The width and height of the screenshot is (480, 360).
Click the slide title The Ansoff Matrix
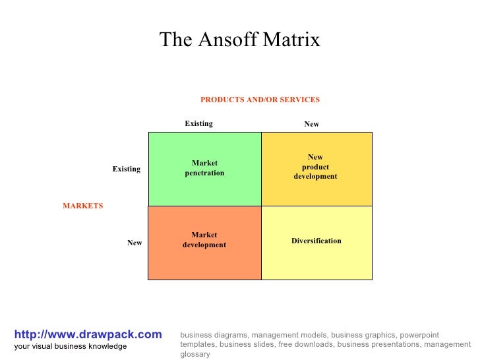coord(239,40)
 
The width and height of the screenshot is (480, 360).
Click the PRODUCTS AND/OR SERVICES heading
coord(260,100)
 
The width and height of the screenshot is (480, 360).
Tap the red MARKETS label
coord(83,206)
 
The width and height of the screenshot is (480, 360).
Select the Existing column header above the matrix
coord(198,123)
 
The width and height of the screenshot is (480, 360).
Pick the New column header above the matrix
coord(311,124)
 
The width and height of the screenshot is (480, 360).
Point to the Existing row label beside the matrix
coord(126,169)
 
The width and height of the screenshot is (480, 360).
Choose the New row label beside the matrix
coord(135,243)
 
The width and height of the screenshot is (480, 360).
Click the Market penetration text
coord(204,168)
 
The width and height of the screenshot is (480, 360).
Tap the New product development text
coord(315,167)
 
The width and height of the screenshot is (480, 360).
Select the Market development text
coord(204,240)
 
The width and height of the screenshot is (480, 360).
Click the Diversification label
coord(316,241)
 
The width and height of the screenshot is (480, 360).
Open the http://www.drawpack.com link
coord(88,335)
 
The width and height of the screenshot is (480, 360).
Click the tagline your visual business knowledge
coord(71,346)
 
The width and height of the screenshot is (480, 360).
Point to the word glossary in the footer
coord(195,354)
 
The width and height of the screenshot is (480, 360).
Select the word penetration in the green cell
coord(204,173)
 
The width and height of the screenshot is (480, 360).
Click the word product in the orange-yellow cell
coord(315,167)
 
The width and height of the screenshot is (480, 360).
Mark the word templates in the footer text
coord(198,344)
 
